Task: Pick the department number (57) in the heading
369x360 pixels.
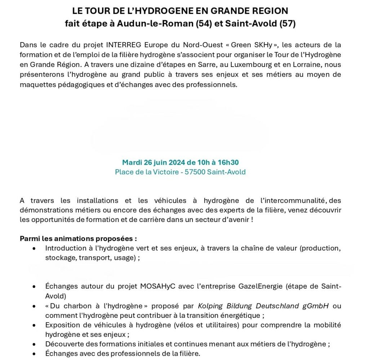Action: pyautogui.click(x=288, y=24)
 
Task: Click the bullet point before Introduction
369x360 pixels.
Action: pyautogui.click(x=34, y=248)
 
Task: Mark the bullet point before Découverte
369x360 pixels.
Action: pyautogui.click(x=34, y=344)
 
